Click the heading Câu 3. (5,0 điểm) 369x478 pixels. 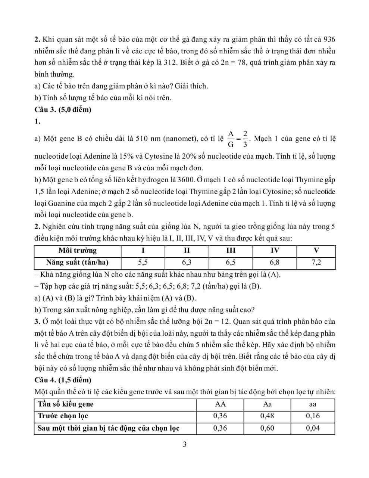63,110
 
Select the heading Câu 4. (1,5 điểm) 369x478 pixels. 63,380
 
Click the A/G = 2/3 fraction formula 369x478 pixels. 237,139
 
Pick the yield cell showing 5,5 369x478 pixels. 143,263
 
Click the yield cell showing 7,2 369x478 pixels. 316,263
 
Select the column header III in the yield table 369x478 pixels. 231,251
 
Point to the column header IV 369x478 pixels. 275,251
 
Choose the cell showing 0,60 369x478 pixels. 267,428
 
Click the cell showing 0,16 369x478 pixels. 313,416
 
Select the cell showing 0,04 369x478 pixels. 313,428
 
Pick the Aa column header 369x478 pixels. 267,404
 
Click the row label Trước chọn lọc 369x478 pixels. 63,416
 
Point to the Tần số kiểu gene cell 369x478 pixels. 66,404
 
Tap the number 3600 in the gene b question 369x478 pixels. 181,180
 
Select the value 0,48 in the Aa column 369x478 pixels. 267,416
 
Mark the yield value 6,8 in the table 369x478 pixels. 275,263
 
